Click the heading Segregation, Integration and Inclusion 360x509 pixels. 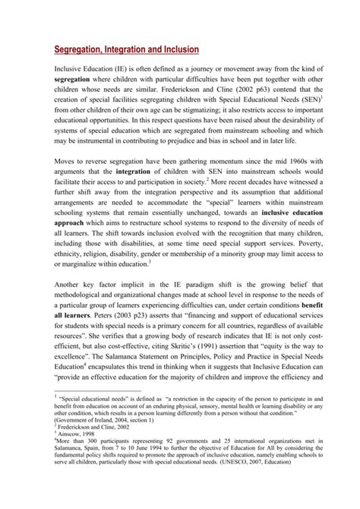click(127, 49)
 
